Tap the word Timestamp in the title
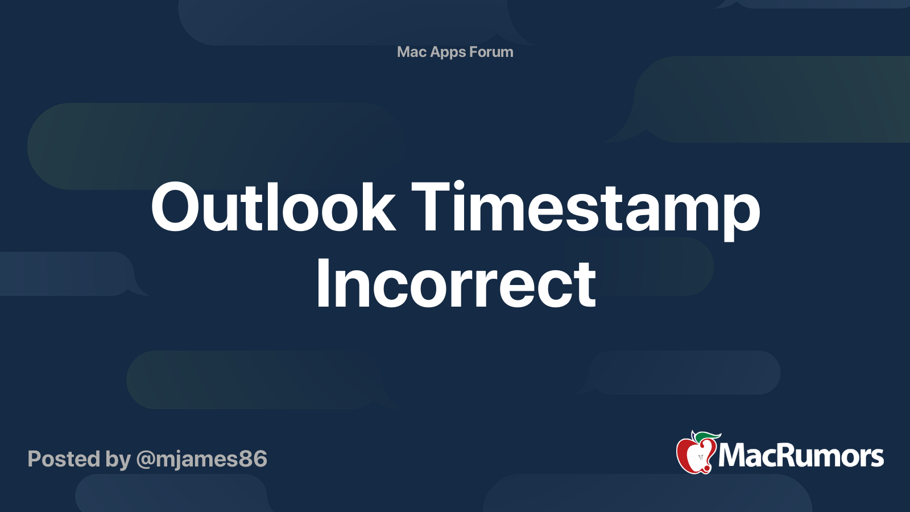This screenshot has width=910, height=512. pyautogui.click(x=585, y=208)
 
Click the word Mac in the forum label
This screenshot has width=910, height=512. pyautogui.click(x=411, y=52)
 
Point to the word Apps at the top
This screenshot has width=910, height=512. pyautogui.click(x=448, y=52)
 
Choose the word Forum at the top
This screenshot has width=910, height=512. pyautogui.click(x=491, y=52)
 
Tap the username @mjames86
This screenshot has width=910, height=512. pyautogui.click(x=202, y=459)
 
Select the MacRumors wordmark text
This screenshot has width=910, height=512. pyautogui.click(x=801, y=456)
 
